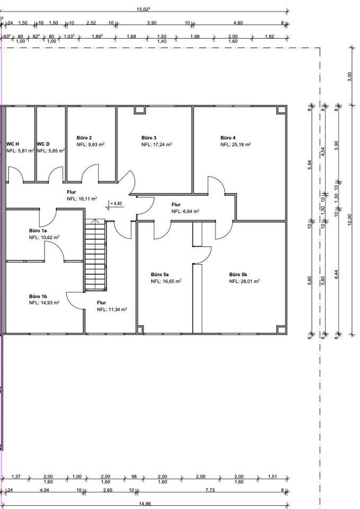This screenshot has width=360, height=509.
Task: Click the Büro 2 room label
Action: coord(84,138)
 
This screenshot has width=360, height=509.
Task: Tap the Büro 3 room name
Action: coord(149,138)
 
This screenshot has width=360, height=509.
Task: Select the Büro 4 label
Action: coord(228,138)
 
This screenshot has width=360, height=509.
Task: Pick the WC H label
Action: coord(13,144)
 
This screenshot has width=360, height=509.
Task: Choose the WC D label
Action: coord(43,144)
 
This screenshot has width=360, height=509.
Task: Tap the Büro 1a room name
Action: coord(38,231)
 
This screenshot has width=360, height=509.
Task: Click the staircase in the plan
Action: coord(95,255)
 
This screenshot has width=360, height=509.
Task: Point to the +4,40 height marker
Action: coord(116,204)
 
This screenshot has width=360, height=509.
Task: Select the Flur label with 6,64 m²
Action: coord(176,205)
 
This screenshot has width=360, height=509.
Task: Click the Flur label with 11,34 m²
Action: coord(102,303)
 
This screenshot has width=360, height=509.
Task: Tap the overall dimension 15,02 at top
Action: coord(143,9)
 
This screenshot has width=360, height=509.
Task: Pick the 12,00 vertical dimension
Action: coord(349,221)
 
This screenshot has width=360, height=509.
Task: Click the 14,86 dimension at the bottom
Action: coord(145,504)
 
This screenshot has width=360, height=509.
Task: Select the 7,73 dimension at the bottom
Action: coord(210,490)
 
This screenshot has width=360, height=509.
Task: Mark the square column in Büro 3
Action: coord(140,110)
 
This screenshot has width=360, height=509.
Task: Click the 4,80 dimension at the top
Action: coord(238,23)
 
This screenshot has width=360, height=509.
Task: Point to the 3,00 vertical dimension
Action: coord(349,76)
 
